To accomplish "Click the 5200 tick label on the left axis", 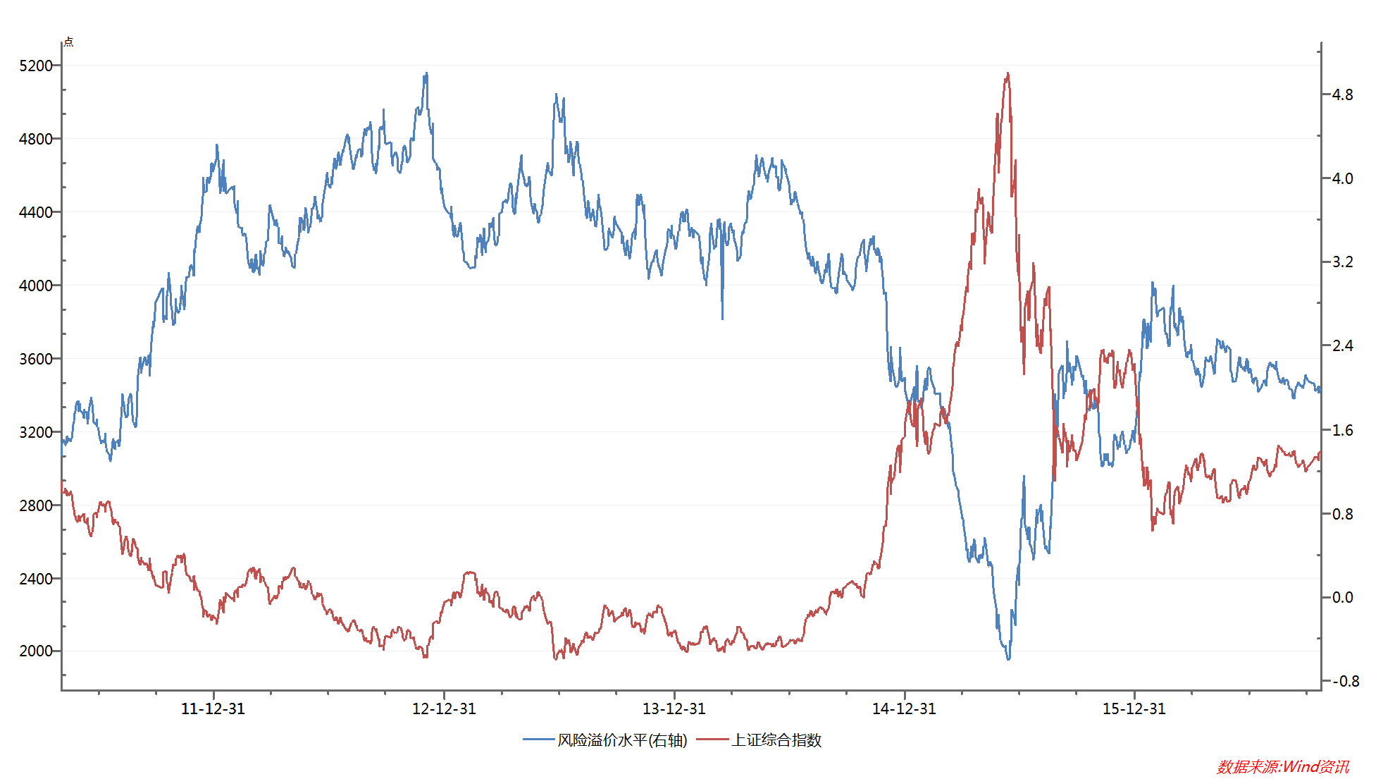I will [x=35, y=66].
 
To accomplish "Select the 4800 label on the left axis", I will [x=35, y=139].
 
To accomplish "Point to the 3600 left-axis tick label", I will [x=35, y=359].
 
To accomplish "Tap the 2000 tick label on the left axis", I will [x=35, y=651].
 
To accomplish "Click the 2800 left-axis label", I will [x=35, y=505].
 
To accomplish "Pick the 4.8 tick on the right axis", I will [x=1342, y=94].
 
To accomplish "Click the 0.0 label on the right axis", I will [x=1342, y=597].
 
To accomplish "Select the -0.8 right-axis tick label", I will [x=1345, y=681].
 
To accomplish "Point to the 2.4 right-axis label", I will [x=1342, y=345].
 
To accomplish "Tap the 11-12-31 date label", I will [x=213, y=709].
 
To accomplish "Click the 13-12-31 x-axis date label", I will [x=674, y=709].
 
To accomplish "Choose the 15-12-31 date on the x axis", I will [x=1134, y=709].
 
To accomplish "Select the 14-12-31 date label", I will [x=904, y=709].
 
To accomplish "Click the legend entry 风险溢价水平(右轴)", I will [x=621, y=740].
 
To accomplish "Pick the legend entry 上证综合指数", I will [x=776, y=740].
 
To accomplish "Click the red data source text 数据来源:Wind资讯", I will [x=1282, y=766].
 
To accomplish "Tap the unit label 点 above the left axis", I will [x=68, y=42].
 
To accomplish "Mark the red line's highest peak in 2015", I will [x=1008, y=73].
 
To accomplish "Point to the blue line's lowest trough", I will [x=1008, y=659].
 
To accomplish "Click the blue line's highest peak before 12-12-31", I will [x=426, y=73].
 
